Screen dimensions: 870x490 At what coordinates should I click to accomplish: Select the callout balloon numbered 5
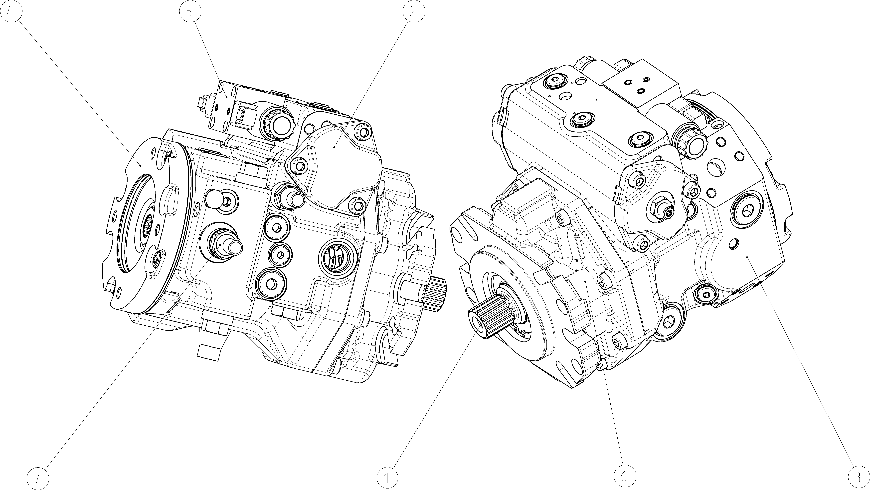point(190,12)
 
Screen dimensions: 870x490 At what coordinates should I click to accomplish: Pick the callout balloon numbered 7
point(37,478)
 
